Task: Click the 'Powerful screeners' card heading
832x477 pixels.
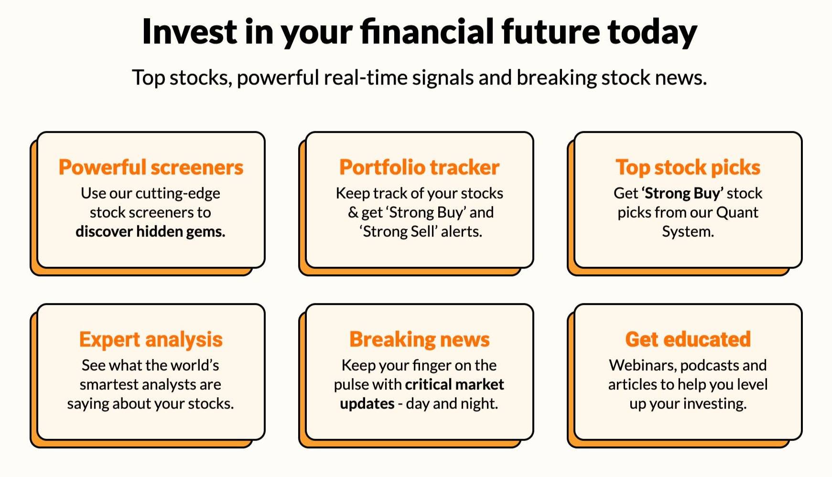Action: coord(151,167)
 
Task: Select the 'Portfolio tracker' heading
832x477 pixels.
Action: coord(420,167)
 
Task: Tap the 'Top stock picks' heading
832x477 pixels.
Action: coord(688,167)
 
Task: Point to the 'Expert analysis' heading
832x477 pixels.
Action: coord(151,340)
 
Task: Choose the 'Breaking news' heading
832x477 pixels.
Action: coord(420,339)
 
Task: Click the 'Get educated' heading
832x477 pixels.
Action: coord(688,339)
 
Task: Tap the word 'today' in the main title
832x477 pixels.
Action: coord(652,33)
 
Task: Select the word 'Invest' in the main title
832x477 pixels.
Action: coord(189,32)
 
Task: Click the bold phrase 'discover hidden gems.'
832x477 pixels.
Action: coord(151,231)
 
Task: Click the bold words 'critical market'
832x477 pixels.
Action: coord(454,384)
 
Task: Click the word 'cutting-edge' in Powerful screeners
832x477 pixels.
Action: coord(178,194)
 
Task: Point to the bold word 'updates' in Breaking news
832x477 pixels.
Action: coord(367,404)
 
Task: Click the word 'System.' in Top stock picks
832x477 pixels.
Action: coord(688,232)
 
